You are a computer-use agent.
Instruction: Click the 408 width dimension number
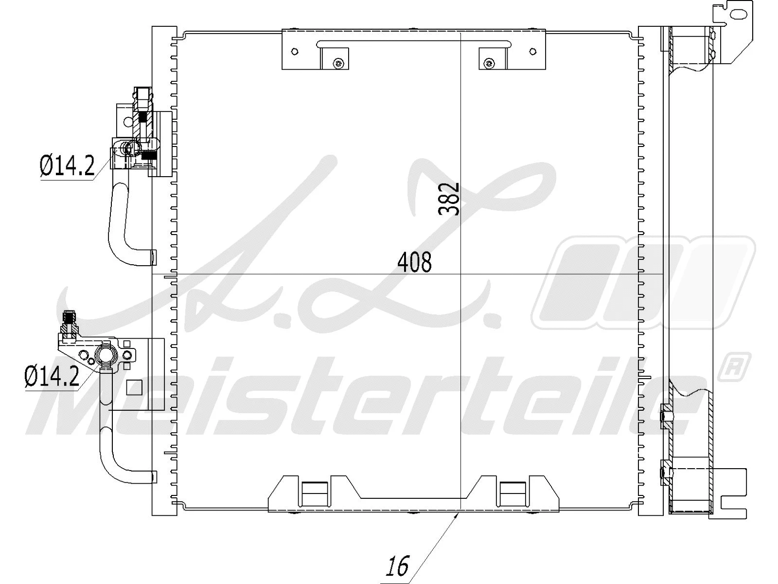coord(414,263)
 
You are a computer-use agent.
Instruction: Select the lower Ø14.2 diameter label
coord(52,376)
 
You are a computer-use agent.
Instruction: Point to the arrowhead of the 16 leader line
coord(457,514)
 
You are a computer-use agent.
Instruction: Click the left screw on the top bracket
coord(338,63)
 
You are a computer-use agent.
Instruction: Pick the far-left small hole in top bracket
coord(295,52)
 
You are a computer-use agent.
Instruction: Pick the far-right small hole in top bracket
coord(533,52)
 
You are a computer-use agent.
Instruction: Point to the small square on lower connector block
coord(133,387)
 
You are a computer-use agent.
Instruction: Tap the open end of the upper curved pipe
coord(153,257)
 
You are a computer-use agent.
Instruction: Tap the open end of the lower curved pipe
coord(154,476)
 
